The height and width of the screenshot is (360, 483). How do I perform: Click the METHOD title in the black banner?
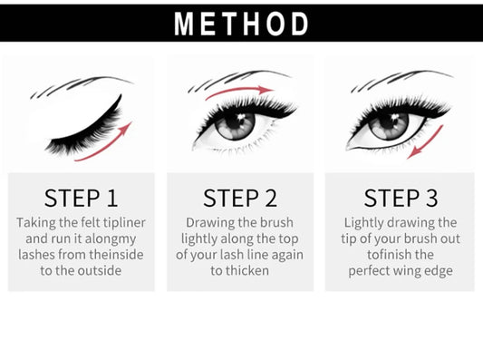(x=241, y=24)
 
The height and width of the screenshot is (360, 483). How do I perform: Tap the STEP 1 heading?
(x=82, y=198)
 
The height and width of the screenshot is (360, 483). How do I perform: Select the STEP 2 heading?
(x=240, y=198)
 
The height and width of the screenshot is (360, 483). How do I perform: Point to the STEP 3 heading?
(x=401, y=198)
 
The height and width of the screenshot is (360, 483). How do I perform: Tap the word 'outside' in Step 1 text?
(x=99, y=270)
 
